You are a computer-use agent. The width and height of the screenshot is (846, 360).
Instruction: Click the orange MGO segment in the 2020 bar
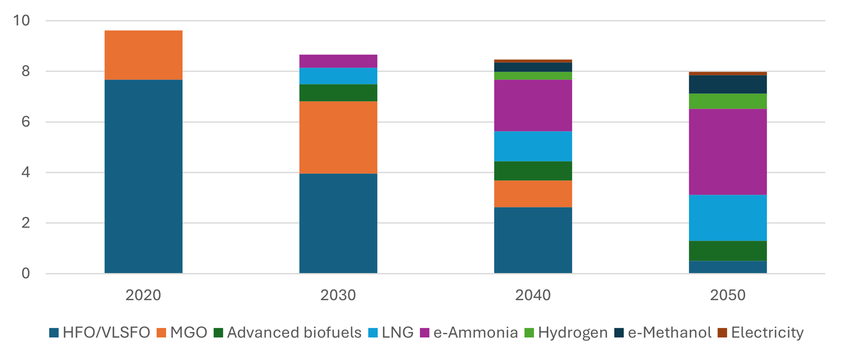[x=143, y=55]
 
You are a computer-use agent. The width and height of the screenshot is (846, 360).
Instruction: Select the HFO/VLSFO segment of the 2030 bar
[x=338, y=223]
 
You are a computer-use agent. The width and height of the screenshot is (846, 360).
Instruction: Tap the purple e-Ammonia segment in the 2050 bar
[x=727, y=152]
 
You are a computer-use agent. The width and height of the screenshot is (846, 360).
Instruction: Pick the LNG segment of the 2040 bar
[x=533, y=146]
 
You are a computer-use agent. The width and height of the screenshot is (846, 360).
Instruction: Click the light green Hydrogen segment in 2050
[x=727, y=101]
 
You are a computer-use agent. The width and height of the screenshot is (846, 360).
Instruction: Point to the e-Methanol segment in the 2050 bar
[x=727, y=84]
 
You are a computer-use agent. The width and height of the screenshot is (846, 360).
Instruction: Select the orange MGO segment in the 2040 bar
[x=533, y=194]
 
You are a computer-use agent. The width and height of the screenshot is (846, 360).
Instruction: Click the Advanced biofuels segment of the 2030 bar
[x=338, y=93]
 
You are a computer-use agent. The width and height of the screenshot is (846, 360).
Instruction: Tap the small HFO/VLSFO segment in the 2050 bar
[x=727, y=267]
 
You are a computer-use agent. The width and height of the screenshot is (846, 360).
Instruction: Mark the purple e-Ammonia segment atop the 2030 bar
[x=338, y=61]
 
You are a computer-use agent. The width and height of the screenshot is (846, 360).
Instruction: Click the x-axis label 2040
[x=533, y=295]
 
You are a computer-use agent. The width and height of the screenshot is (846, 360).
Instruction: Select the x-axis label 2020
[x=143, y=295]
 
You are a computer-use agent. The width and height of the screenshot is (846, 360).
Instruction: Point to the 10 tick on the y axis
[x=21, y=20]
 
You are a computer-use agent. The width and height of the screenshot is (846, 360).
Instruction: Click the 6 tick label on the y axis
[x=26, y=122]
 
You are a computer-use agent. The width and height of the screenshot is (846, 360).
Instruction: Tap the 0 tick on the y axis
[x=26, y=273]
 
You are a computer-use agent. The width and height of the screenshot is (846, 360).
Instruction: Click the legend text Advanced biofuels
[x=294, y=333]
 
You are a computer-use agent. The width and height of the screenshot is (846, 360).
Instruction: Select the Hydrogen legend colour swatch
[x=529, y=333]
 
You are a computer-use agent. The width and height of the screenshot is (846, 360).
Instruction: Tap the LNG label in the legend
[x=397, y=333]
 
